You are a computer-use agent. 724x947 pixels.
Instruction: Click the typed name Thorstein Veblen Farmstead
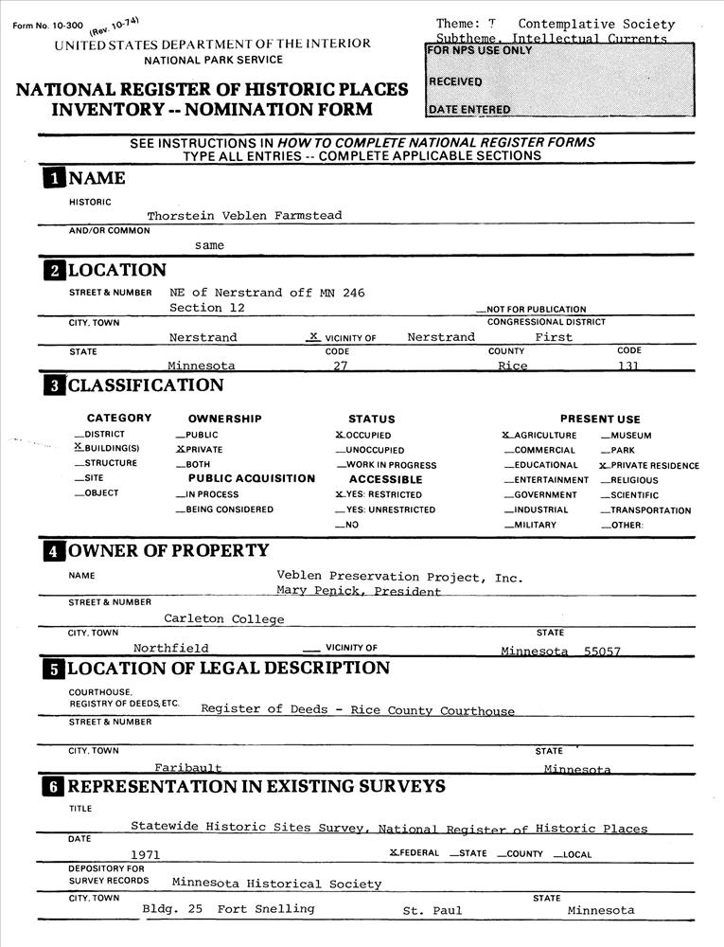pos(244,215)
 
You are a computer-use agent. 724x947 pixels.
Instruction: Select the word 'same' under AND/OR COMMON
pos(209,245)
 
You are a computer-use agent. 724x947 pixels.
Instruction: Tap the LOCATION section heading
pos(116,271)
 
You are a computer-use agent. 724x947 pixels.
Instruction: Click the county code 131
pos(627,366)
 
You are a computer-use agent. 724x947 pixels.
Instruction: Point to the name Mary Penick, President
pos(359,592)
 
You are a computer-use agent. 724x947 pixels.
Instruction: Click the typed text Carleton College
pos(223,619)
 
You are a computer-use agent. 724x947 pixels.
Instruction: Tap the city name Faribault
pos(188,768)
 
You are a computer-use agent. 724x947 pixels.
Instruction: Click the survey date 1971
pos(146,854)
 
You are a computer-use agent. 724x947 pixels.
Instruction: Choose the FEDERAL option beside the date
pos(414,853)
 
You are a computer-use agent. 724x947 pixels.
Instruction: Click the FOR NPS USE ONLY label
pos(480,50)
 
